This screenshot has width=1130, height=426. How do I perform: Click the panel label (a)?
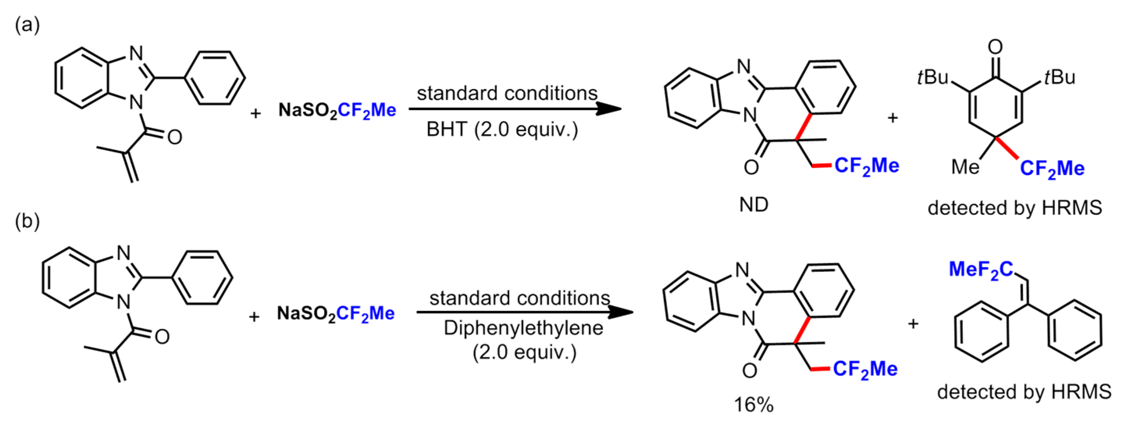pyautogui.click(x=27, y=25)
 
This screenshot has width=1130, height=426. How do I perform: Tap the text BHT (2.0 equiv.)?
pyautogui.click(x=502, y=130)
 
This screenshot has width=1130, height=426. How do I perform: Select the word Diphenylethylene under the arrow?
pyautogui.click(x=523, y=328)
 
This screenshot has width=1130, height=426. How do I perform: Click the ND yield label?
pyautogui.click(x=754, y=205)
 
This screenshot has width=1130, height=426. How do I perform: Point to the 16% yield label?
pyautogui.click(x=753, y=405)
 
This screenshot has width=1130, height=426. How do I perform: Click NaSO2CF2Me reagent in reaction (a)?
pyautogui.click(x=337, y=111)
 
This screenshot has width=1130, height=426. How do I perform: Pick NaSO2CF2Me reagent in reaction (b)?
pyautogui.click(x=336, y=314)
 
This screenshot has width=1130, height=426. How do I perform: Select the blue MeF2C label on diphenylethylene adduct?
pyautogui.click(x=981, y=270)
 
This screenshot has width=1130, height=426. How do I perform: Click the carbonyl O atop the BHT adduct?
pyautogui.click(x=995, y=47)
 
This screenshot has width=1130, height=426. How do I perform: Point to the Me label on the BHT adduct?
pyautogui.click(x=965, y=167)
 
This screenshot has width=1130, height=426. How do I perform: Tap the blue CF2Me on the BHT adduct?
pyautogui.click(x=1052, y=168)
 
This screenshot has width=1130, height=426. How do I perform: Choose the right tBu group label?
pyautogui.click(x=1060, y=78)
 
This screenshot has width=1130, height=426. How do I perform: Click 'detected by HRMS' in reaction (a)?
pyautogui.click(x=1014, y=207)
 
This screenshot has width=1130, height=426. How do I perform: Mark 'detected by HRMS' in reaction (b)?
pyautogui.click(x=1024, y=391)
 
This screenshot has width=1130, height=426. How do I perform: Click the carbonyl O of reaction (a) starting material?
pyautogui.click(x=174, y=137)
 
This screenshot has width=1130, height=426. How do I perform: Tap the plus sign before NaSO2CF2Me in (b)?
pyautogui.click(x=254, y=316)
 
